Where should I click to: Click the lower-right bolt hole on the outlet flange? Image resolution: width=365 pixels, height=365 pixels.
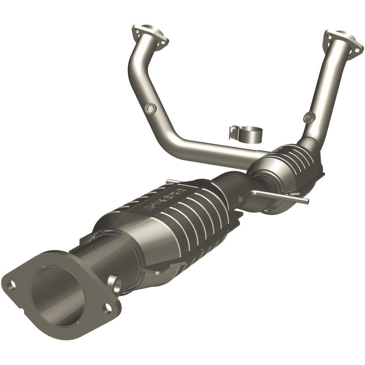click(106, 309)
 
